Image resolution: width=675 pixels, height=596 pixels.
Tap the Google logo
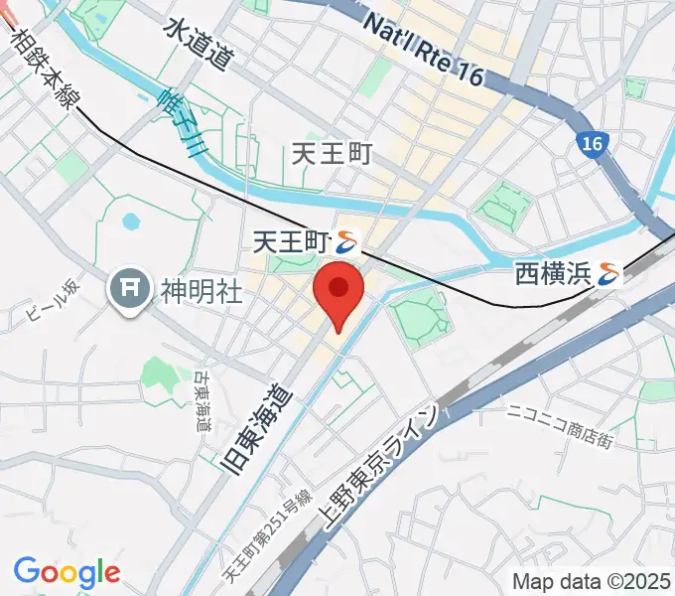[67, 572]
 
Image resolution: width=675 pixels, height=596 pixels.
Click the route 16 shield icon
[593, 144]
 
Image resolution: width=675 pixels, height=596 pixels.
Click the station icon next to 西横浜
[608, 275]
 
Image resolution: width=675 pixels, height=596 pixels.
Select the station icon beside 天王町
[346, 239]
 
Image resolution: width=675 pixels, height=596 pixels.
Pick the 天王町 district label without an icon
[333, 154]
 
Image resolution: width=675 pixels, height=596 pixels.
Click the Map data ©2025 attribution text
[591, 581]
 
